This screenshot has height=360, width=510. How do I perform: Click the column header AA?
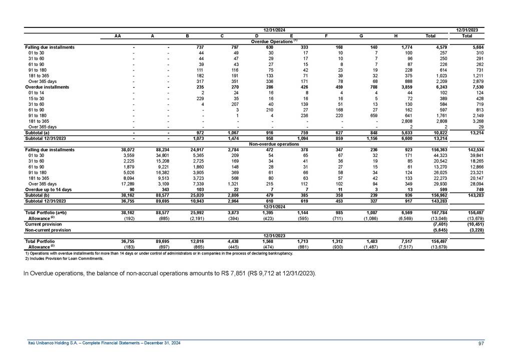click(x=117, y=35)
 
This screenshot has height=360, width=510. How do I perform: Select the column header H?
click(x=395, y=35)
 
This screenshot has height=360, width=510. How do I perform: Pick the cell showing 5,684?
click(x=469, y=47)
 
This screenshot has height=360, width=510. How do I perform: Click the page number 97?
click(x=480, y=342)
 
